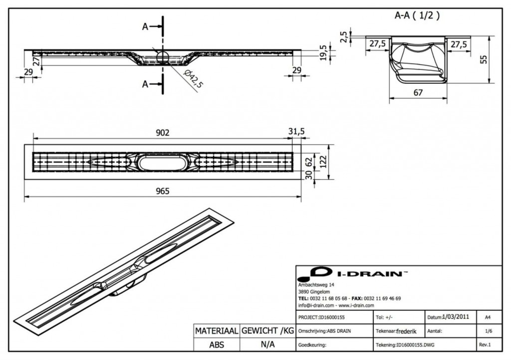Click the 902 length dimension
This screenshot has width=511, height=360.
click(163, 133)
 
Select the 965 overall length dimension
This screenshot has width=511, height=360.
click(163, 190)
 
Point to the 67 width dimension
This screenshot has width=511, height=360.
click(418, 93)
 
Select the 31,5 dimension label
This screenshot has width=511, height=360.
click(296, 131)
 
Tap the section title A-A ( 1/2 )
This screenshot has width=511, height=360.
click(417, 15)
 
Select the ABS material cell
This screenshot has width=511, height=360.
click(216, 345)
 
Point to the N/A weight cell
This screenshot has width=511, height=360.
click(267, 345)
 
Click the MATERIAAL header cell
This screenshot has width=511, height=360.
click(216, 331)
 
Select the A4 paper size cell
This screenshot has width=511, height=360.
click(486, 317)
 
